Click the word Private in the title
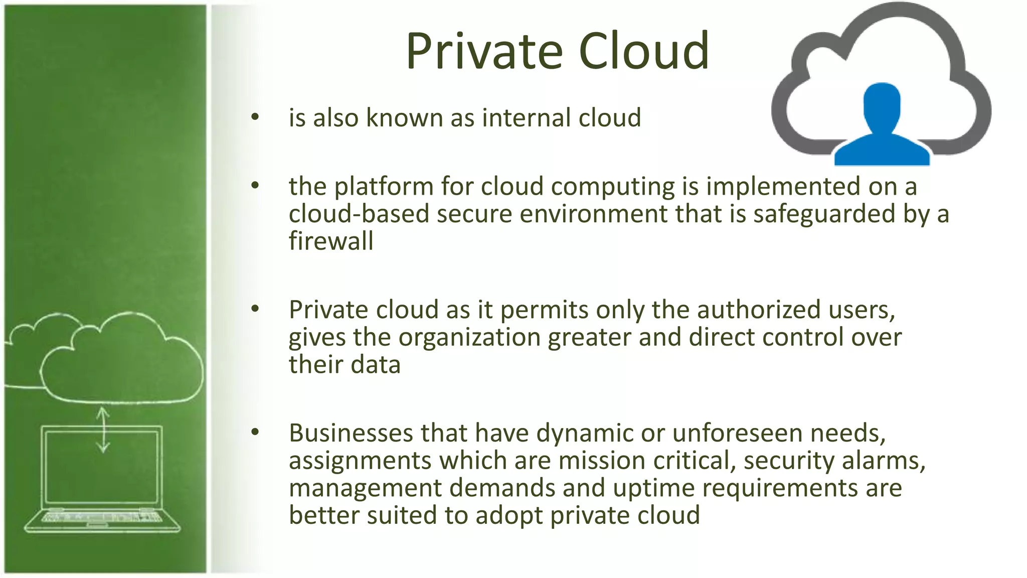tap(484, 51)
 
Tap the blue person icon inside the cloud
tap(882, 125)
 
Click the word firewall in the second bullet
tap(331, 241)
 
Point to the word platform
tap(384, 187)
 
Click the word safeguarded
tap(824, 214)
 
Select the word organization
tap(469, 337)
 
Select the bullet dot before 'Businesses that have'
tap(255, 432)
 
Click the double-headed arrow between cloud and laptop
tap(103, 429)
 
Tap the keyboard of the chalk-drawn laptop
tap(102, 517)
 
